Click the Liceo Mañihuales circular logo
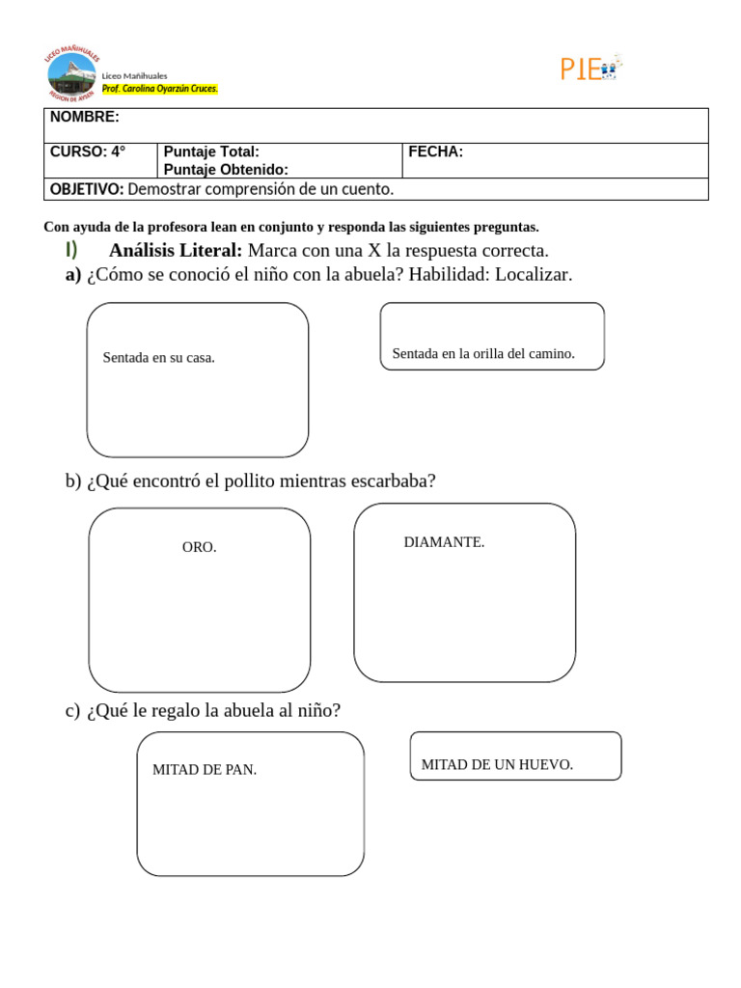pyautogui.click(x=72, y=74)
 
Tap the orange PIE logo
pyautogui.click(x=590, y=69)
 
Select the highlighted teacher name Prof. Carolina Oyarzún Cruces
pyautogui.click(x=160, y=89)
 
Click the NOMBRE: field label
pyautogui.click(x=85, y=117)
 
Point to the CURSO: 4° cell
pyautogui.click(x=88, y=151)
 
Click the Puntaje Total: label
pyautogui.click(x=211, y=151)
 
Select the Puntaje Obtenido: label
pyautogui.click(x=226, y=170)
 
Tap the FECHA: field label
pyautogui.click(x=435, y=151)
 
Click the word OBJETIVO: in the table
pyautogui.click(x=87, y=189)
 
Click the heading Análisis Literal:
pyautogui.click(x=176, y=251)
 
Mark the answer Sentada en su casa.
pyautogui.click(x=159, y=358)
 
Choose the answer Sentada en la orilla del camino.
pyautogui.click(x=483, y=354)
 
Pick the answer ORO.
pyautogui.click(x=200, y=547)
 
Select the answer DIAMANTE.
pyautogui.click(x=444, y=542)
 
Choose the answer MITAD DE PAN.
pyautogui.click(x=205, y=770)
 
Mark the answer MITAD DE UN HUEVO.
pyautogui.click(x=497, y=765)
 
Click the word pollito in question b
pyautogui.click(x=238, y=480)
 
